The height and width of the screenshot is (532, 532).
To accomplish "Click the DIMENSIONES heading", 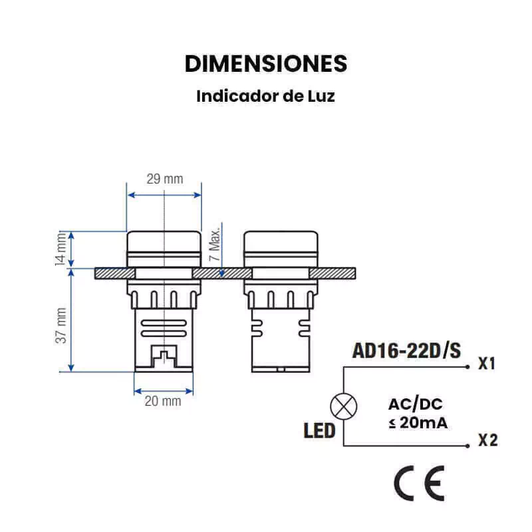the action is pyautogui.click(x=266, y=63).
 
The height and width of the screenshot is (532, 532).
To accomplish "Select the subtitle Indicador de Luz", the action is pyautogui.click(x=265, y=96).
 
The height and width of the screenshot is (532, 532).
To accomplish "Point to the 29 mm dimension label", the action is pyautogui.click(x=164, y=179).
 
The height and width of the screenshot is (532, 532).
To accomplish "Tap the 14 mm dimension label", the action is pyautogui.click(x=61, y=249).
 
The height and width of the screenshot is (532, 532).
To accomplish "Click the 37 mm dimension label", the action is pyautogui.click(x=61, y=325).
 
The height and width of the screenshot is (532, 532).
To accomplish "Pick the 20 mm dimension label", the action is pyautogui.click(x=163, y=401).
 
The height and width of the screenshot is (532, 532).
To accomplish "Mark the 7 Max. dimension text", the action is pyautogui.click(x=214, y=243).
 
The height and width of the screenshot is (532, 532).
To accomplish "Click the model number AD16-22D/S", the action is pyautogui.click(x=406, y=350).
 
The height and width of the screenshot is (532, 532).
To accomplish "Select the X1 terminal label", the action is pyautogui.click(x=487, y=363).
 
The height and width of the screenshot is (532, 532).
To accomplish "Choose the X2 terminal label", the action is pyautogui.click(x=487, y=440).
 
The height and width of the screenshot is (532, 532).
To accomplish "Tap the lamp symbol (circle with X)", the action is pyautogui.click(x=344, y=406).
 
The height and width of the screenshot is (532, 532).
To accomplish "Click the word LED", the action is pyautogui.click(x=319, y=431).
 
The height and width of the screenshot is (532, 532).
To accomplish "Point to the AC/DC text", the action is pyautogui.click(x=415, y=404).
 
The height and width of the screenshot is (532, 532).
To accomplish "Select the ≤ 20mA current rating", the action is pyautogui.click(x=418, y=423).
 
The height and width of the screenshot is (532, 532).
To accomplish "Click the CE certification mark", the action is pyautogui.click(x=420, y=483).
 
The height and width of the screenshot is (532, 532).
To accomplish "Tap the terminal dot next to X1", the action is pyautogui.click(x=467, y=367).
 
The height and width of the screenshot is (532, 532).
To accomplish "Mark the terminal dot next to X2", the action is pyautogui.click(x=467, y=446).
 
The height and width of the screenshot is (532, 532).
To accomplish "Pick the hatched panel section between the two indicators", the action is pyautogui.click(x=222, y=273).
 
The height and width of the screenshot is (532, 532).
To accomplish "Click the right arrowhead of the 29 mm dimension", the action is pyautogui.click(x=198, y=195).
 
